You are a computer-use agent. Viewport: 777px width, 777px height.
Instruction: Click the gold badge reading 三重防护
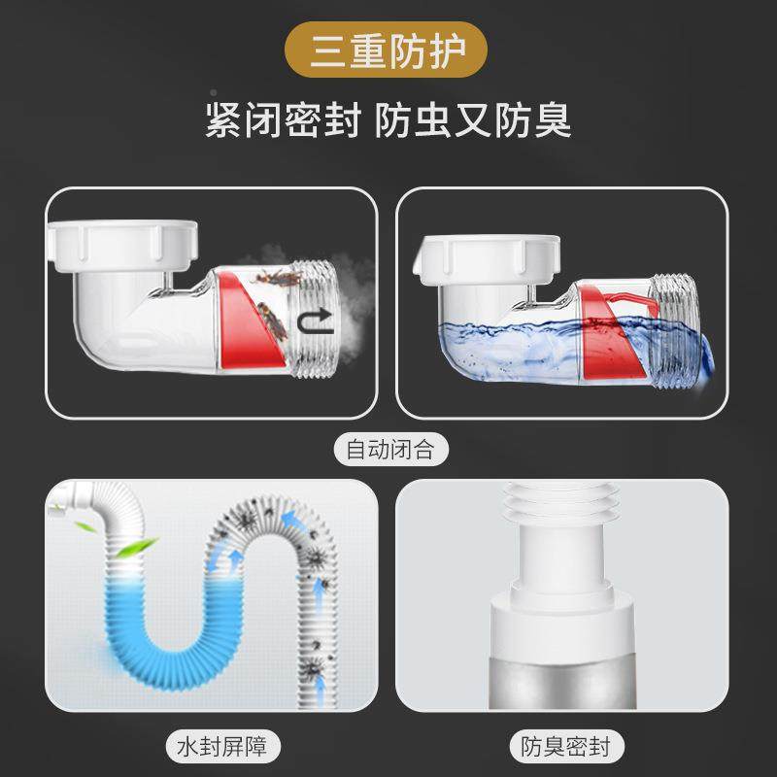(x=388, y=51)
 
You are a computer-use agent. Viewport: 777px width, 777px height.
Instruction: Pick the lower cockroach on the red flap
(x=273, y=321)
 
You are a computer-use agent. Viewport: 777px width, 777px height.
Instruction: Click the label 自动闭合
(x=388, y=449)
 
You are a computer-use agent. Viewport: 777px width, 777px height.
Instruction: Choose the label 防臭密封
(x=561, y=746)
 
